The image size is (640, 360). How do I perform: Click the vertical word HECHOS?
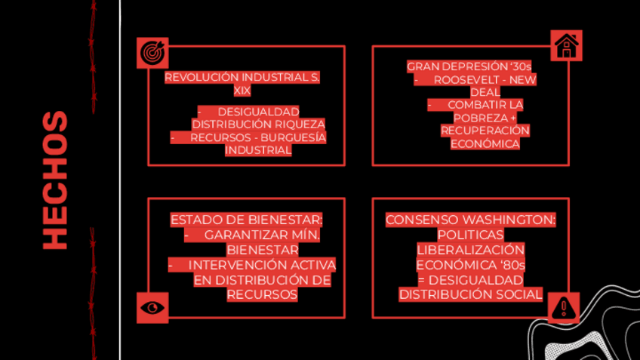(55, 180)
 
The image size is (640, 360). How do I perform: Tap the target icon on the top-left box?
(153, 53)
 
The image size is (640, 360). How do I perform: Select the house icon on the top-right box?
(566, 45)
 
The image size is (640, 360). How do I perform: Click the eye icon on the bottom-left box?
(153, 307)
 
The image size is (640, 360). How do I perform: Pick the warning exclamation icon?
(563, 307)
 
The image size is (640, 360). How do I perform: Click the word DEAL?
(485, 92)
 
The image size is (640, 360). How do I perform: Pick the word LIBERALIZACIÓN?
(470, 250)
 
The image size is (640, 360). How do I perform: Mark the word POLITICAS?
(470, 235)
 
